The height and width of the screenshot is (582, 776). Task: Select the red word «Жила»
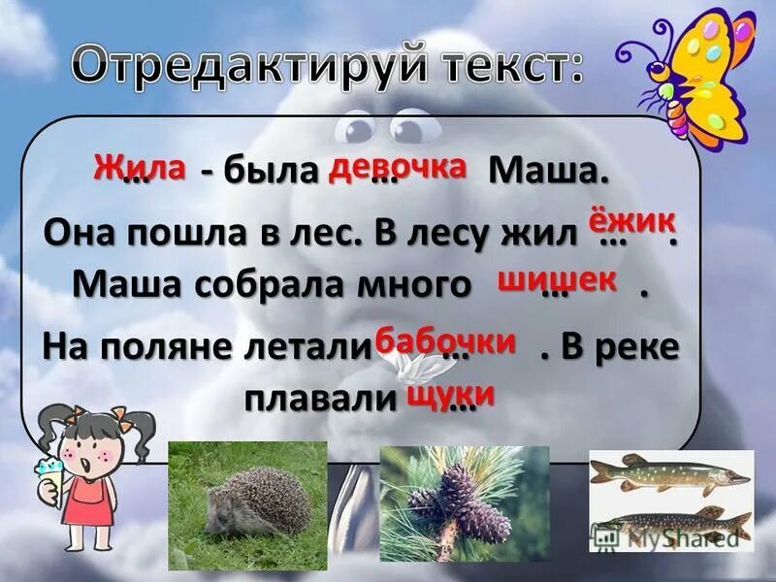tap(140, 166)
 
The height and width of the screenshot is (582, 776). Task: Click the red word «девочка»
tap(399, 167)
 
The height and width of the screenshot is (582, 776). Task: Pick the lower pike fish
tap(679, 522)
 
